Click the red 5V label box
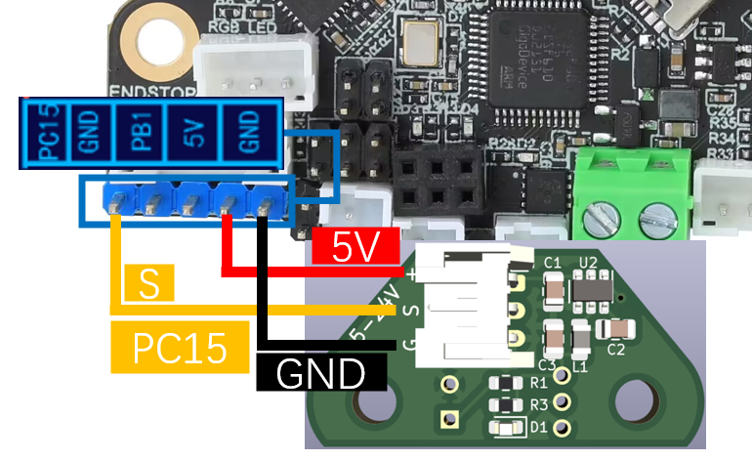356,248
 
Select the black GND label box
321,372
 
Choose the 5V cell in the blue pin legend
192,133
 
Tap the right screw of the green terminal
652,215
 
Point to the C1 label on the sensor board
552,262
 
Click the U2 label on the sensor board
588,262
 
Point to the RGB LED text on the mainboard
235,27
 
